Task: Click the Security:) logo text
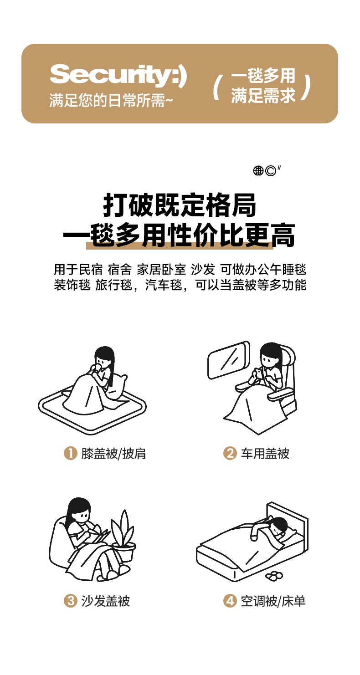118,75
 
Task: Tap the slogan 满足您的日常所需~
111,100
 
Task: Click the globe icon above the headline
258,171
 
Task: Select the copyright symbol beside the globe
270,171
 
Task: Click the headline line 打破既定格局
180,205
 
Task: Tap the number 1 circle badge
71,453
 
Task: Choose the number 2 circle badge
230,453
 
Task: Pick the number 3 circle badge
71,601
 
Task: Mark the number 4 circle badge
230,601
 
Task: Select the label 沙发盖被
106,601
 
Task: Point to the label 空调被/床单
273,601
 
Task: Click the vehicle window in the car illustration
229,360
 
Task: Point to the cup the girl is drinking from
97,369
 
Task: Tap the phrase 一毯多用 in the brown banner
263,75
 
